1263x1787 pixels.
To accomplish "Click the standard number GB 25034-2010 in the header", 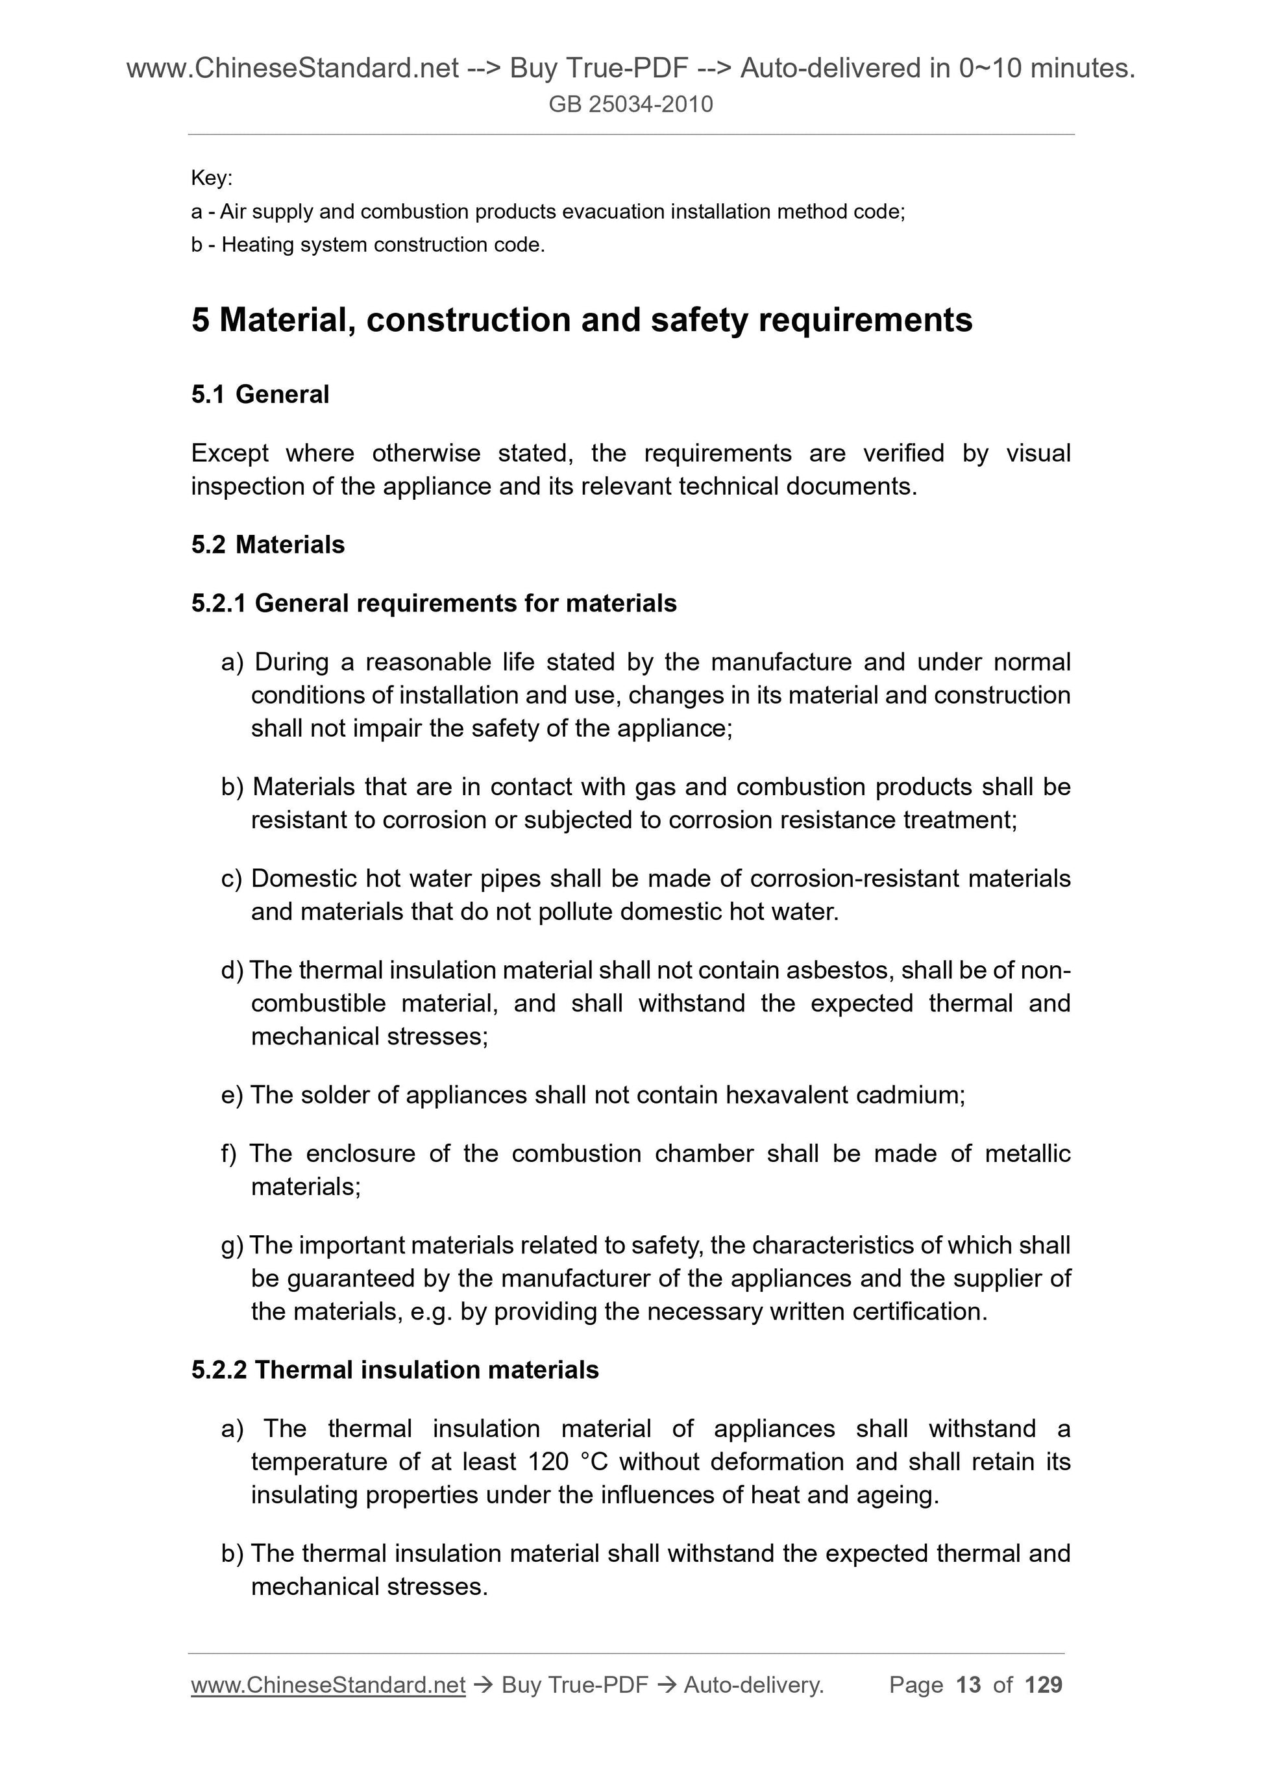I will click(630, 105).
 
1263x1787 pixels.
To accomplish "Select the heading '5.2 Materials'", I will click(267, 545).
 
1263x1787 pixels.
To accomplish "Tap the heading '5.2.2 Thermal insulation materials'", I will click(395, 1370).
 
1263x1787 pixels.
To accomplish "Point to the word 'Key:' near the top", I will click(212, 179).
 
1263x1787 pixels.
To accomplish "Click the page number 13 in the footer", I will click(968, 1685).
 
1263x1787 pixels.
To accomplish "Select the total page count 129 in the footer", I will click(1044, 1685).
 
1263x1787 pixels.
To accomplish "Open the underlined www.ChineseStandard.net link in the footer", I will click(328, 1685).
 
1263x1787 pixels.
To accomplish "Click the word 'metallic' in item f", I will click(1027, 1153).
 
